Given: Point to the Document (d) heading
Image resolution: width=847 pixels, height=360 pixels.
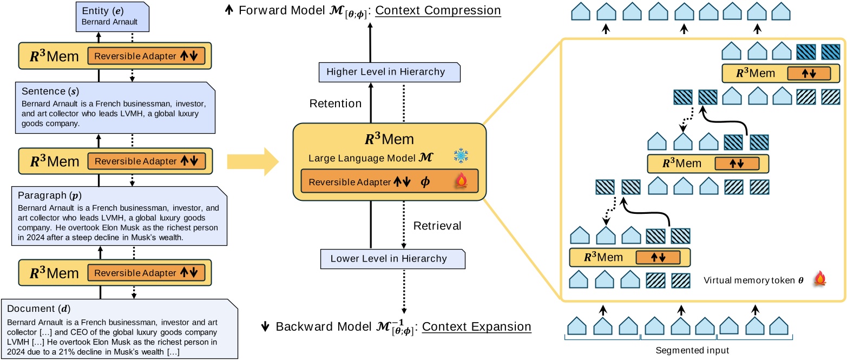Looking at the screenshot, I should coord(37,310).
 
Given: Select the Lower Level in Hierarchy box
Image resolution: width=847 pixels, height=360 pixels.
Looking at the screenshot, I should coord(392,258).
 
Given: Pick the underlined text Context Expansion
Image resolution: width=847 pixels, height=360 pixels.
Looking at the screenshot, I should coord(476,327).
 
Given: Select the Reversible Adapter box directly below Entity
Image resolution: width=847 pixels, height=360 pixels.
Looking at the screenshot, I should coord(146,56).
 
